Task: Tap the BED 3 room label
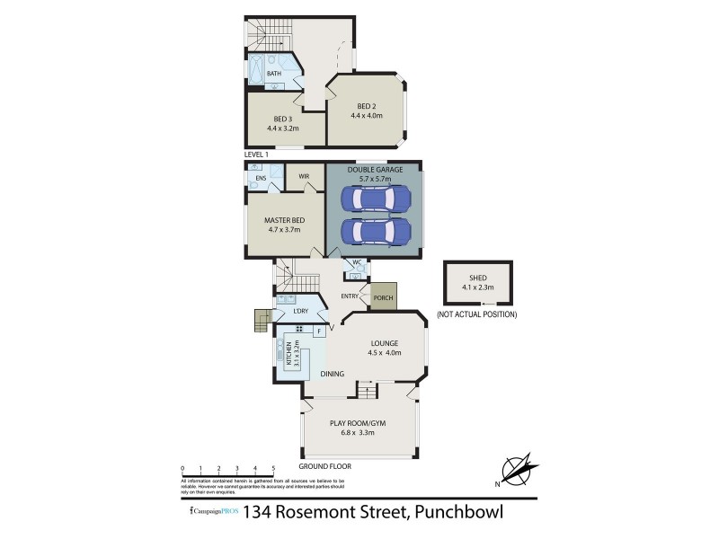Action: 283,119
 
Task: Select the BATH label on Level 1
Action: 274,74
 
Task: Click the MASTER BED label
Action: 284,221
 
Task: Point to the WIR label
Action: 304,177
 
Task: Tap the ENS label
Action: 261,179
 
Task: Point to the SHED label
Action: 477,278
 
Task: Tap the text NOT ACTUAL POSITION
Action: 476,315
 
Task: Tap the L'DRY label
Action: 301,312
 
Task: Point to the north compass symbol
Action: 517,470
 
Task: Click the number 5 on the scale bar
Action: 272,468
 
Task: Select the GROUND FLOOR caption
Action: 325,467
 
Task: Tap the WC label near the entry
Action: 357,262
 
